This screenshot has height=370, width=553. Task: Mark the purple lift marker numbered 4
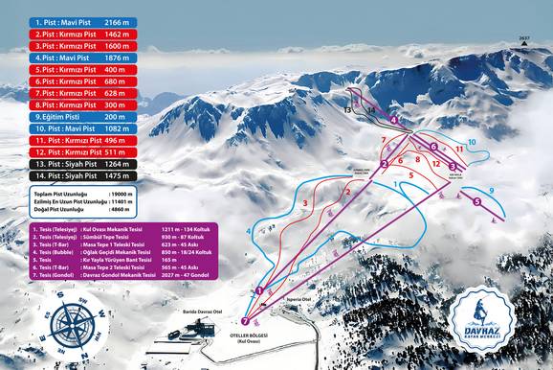[x=393, y=120]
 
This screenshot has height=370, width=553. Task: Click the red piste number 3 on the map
[x=304, y=203]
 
